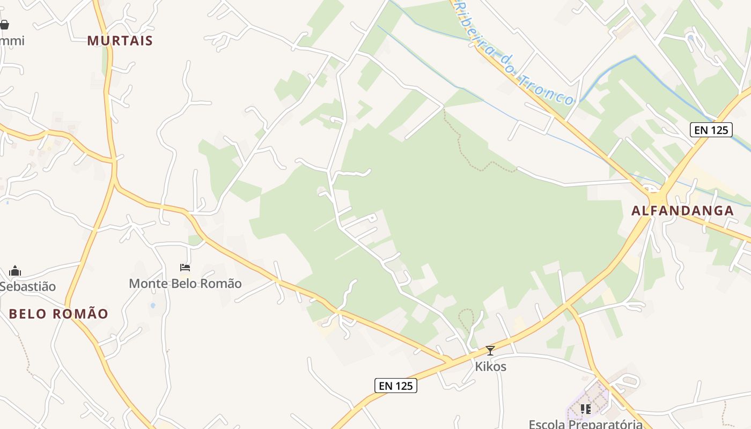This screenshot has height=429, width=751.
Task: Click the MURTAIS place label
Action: point(120,41)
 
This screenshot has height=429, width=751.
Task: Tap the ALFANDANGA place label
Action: point(682,211)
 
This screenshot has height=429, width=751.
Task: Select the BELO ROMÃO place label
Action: point(59,314)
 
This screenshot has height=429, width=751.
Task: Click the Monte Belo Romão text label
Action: point(185,283)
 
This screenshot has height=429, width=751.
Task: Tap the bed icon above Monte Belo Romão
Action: point(185,267)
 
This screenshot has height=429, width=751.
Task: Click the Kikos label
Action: point(490,367)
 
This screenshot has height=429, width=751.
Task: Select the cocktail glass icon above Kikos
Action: point(490,351)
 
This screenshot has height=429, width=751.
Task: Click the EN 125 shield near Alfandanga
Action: point(711,129)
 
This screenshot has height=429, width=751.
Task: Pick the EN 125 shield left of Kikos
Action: point(396,386)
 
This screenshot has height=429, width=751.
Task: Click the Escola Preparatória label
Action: point(586,424)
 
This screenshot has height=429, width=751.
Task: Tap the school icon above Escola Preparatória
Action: point(586,409)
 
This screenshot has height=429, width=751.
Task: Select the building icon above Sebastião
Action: point(15,271)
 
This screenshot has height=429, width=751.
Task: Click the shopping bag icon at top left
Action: point(4,25)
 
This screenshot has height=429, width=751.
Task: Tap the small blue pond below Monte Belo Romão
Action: point(152,306)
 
